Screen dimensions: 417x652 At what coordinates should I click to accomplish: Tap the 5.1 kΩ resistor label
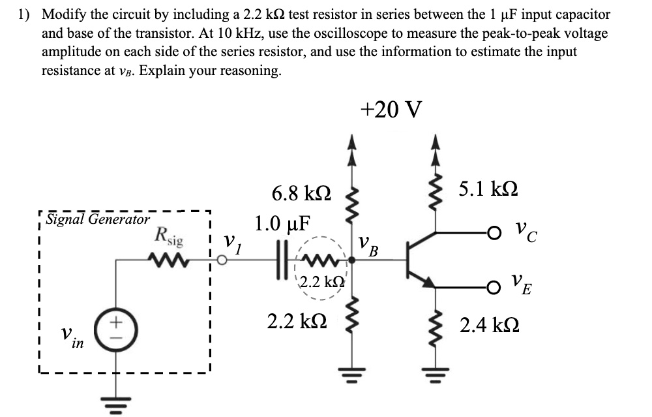[488, 189]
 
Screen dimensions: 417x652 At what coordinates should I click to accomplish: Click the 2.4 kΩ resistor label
[488, 324]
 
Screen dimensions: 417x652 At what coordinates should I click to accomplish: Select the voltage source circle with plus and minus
[116, 325]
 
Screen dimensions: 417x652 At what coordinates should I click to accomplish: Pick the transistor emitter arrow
[428, 281]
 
